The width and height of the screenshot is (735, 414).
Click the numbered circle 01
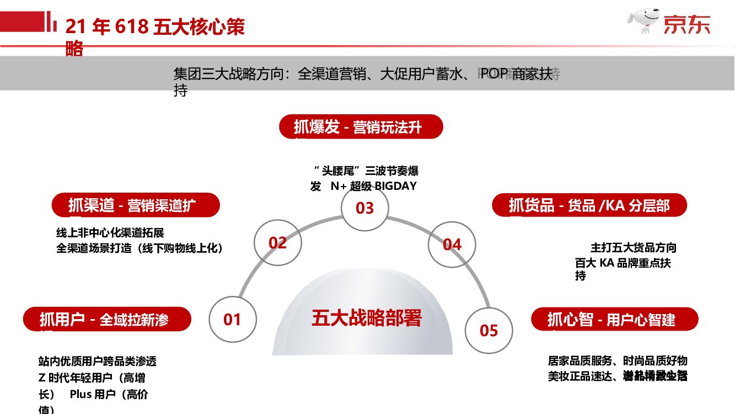click(x=233, y=319)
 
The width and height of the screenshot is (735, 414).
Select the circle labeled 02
click(x=278, y=243)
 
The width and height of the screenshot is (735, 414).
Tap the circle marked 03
click(x=364, y=208)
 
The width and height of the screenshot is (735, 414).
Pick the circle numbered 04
click(x=452, y=244)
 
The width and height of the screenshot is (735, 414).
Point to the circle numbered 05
click(x=489, y=330)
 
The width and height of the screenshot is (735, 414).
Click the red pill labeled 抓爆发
click(x=361, y=127)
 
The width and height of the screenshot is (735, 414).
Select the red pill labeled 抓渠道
click(x=136, y=205)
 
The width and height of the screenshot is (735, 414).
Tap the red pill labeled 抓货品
click(x=589, y=205)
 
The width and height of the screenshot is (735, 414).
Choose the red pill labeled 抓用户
click(x=107, y=319)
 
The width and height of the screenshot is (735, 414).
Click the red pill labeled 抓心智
click(x=614, y=319)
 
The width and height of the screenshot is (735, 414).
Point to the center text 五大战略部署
click(x=367, y=318)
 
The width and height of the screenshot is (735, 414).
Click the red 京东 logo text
click(x=686, y=24)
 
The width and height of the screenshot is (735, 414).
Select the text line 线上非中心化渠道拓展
click(x=110, y=233)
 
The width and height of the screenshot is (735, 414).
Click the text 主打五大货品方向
click(x=634, y=247)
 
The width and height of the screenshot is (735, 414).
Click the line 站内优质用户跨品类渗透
click(x=98, y=362)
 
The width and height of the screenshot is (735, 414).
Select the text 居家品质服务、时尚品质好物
click(x=618, y=361)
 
